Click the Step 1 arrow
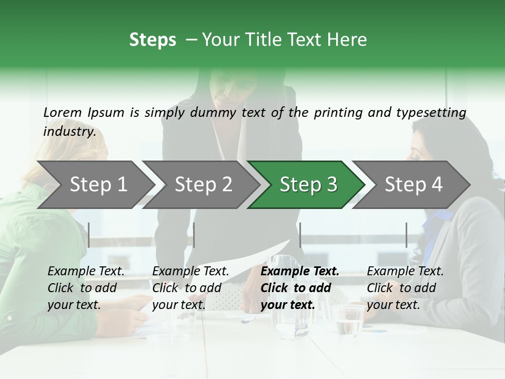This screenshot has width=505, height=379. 95,185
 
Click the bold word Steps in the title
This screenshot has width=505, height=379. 153,40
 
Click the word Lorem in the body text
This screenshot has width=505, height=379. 62,113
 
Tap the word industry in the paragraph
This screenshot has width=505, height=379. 69,132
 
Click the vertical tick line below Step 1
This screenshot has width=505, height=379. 89,235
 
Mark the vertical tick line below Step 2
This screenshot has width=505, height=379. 194,235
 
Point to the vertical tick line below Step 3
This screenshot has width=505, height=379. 300,235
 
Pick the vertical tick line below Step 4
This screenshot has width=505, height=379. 406,235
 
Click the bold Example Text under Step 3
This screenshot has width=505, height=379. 300,272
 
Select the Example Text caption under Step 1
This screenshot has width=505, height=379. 86,272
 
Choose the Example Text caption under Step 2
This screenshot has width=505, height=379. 190,272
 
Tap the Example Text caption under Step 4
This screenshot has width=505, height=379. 405,272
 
